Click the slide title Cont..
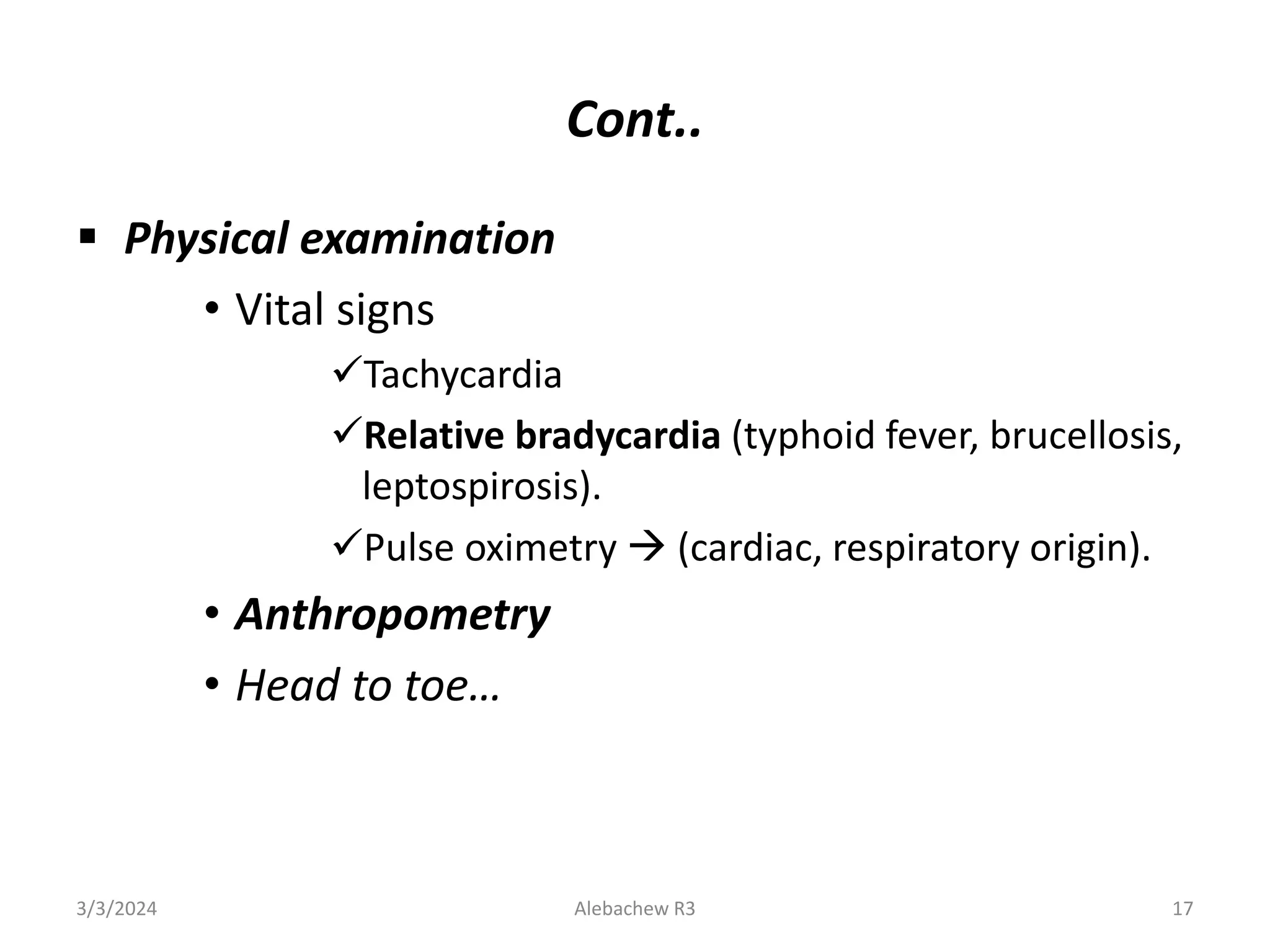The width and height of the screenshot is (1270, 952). click(x=634, y=120)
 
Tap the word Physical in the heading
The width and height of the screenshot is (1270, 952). click(x=206, y=239)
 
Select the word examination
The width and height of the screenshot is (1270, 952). click(x=427, y=239)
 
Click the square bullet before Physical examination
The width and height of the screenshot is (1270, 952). click(x=87, y=236)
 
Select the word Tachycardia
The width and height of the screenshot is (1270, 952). click(x=463, y=376)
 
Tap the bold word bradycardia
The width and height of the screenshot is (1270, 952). click(x=618, y=436)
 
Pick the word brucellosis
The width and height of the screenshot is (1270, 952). click(x=1085, y=436)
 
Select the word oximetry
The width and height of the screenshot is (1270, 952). click(x=541, y=549)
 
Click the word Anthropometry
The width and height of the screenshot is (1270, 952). click(x=393, y=615)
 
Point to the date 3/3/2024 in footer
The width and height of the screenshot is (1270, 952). click(x=117, y=909)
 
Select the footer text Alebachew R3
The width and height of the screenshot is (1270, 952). click(x=634, y=909)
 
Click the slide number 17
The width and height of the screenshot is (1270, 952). click(x=1183, y=909)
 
